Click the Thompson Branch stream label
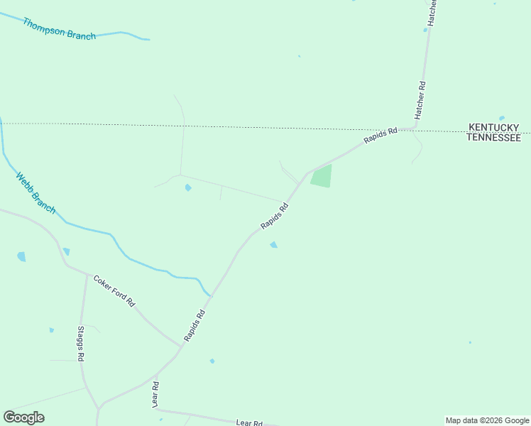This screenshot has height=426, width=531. coord(59,29)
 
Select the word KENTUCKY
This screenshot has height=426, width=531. coord(493,128)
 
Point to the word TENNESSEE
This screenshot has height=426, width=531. coord(493,138)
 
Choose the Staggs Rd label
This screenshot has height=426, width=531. coord(81,344)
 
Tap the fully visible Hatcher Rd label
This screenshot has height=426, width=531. coord(420,99)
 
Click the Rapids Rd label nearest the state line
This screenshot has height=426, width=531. coord(381,136)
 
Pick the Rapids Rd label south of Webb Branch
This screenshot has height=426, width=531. coord(195,325)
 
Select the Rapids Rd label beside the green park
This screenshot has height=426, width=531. coord(275,217)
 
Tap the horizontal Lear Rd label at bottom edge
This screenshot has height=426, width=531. coord(249,422)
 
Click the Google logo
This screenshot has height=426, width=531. coord(23,417)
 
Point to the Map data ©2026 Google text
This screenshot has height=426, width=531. coord(488,420)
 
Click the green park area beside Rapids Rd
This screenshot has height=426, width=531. coord(322,176)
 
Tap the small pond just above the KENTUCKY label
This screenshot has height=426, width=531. coord(502,118)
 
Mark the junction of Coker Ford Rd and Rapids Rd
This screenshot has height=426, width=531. coord(181,346)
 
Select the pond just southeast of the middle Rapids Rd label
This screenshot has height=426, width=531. coord(273,245)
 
